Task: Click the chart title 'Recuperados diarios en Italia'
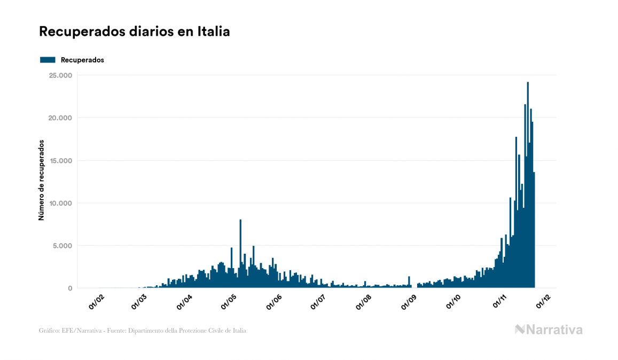coord(135,32)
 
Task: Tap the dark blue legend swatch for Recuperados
coord(48,60)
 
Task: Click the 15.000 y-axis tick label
coord(60,161)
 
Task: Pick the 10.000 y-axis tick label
coord(60,204)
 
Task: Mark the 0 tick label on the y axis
coord(69,288)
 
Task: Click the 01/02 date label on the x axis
coord(97,302)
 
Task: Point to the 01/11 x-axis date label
coord(500,302)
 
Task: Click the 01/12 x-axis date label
coord(545,302)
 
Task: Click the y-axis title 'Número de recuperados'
coord(41,181)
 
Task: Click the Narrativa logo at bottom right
coord(549,330)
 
